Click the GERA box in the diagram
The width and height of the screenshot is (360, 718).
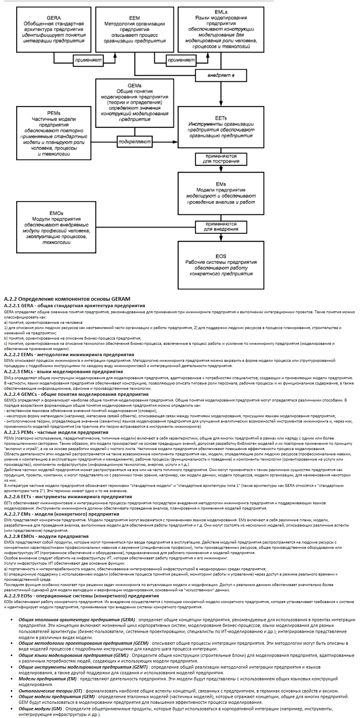pyautogui.click(x=54, y=30)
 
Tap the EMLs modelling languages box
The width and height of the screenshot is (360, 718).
pyautogui.click(x=221, y=30)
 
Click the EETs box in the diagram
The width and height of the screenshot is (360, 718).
pyautogui.click(x=221, y=127)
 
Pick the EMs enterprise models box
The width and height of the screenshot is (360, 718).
pyautogui.click(x=221, y=193)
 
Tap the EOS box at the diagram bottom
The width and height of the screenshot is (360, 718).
pyautogui.click(x=221, y=265)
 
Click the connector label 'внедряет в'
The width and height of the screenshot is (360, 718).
pyautogui.click(x=221, y=75)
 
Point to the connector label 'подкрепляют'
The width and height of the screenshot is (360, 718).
pyautogui.click(x=135, y=142)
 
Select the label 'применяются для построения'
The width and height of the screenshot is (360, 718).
pyautogui.click(x=221, y=159)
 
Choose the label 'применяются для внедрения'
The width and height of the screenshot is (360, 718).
pyautogui.click(x=221, y=227)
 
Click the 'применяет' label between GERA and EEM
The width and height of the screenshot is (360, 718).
pyautogui.click(x=88, y=60)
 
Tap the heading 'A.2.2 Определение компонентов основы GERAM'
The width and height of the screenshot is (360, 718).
pyautogui.click(x=67, y=299)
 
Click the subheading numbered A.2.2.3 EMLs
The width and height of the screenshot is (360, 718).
pyautogui.click(x=63, y=372)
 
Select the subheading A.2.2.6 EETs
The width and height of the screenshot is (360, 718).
pyautogui.click(x=68, y=497)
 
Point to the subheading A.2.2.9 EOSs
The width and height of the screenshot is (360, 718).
pyautogui.click(x=81, y=596)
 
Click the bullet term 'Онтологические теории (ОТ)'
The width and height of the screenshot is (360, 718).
pyautogui.click(x=51, y=691)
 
